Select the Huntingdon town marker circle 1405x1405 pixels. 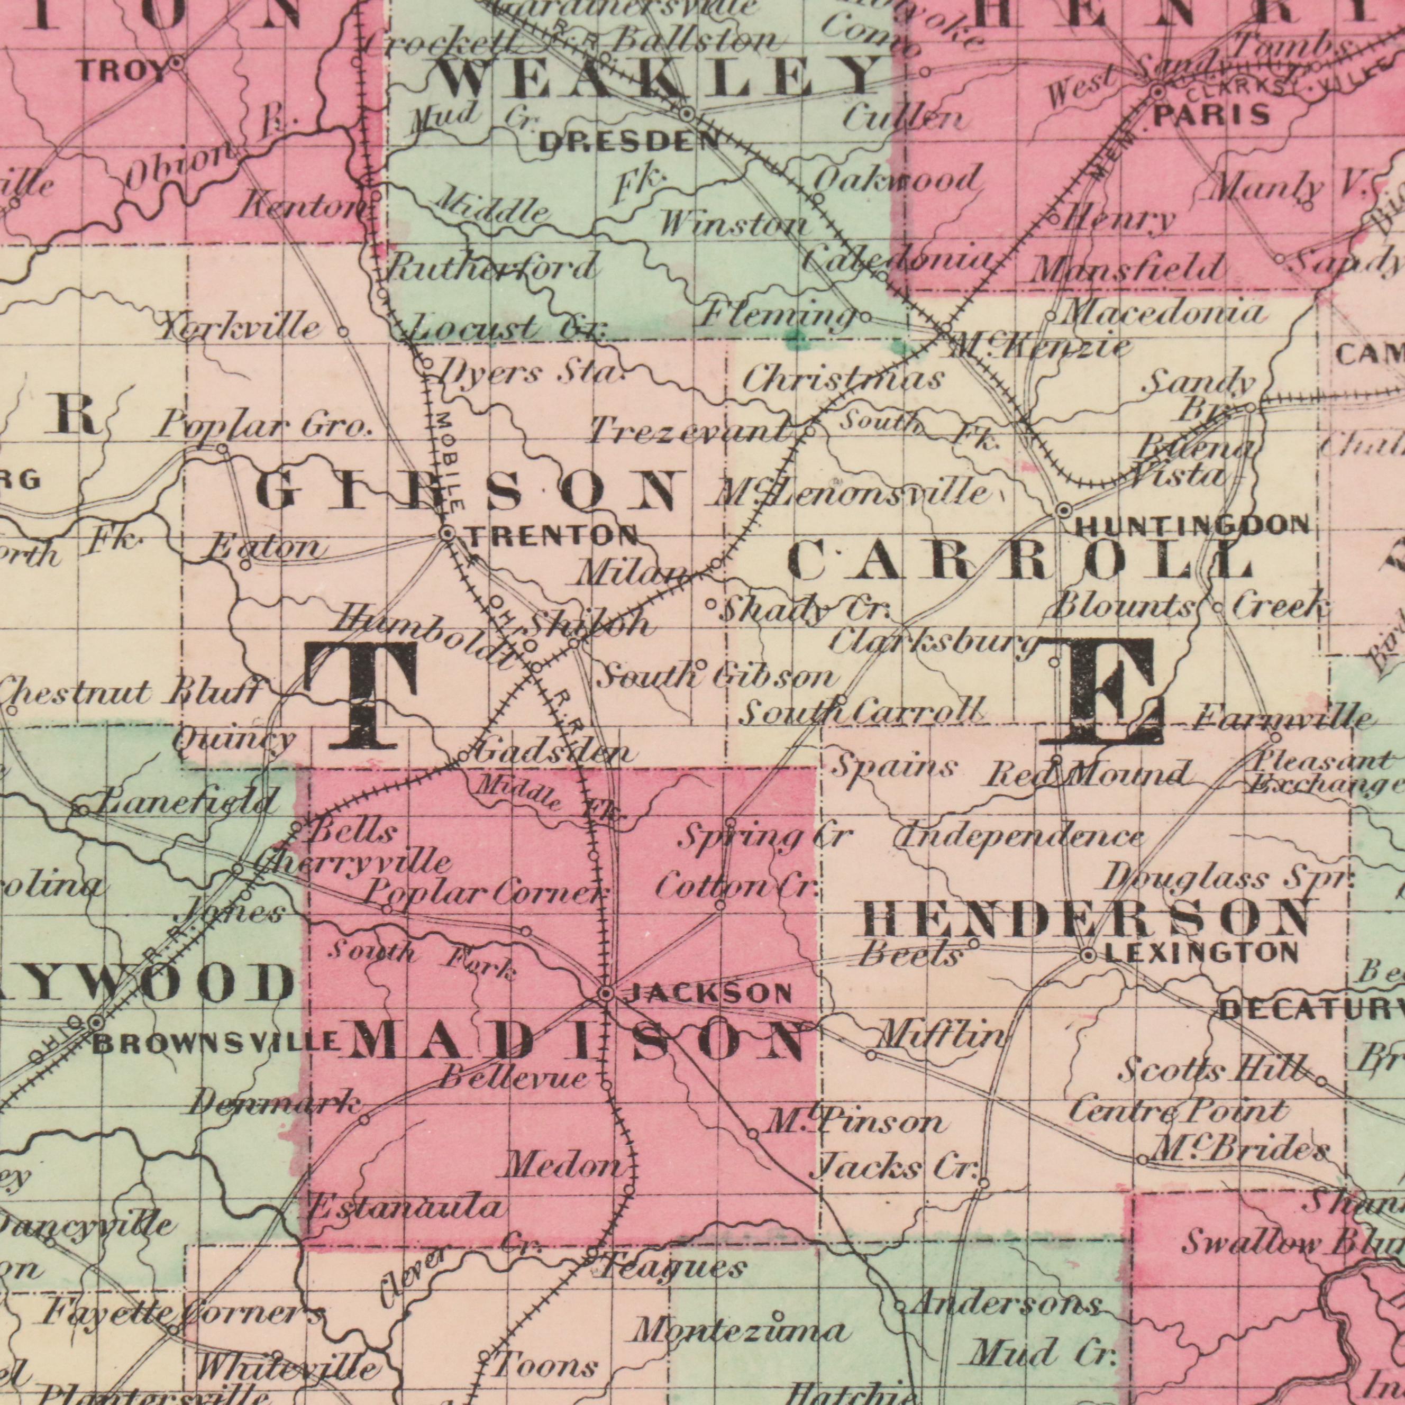(1064, 510)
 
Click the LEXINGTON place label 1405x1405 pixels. (1200, 953)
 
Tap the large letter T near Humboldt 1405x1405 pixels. (359, 695)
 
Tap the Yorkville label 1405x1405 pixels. (240, 326)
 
